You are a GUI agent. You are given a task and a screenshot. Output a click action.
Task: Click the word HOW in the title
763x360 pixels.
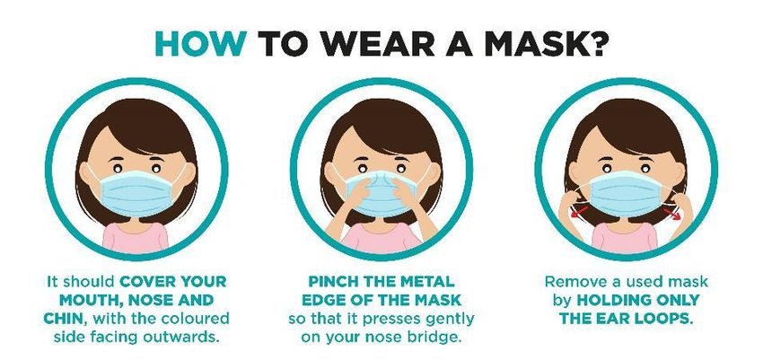[200, 43]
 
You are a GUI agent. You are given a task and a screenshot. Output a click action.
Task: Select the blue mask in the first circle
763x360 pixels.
[137, 193]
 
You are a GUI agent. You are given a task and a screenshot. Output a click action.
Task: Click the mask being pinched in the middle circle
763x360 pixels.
[382, 194]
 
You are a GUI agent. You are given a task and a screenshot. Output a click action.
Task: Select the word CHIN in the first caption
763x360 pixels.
[64, 319]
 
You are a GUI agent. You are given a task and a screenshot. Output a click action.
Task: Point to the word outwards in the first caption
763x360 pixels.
[189, 338]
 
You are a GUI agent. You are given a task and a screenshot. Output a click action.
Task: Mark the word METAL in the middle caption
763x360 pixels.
[426, 281]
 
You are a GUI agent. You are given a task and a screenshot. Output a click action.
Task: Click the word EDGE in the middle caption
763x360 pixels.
[321, 300]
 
